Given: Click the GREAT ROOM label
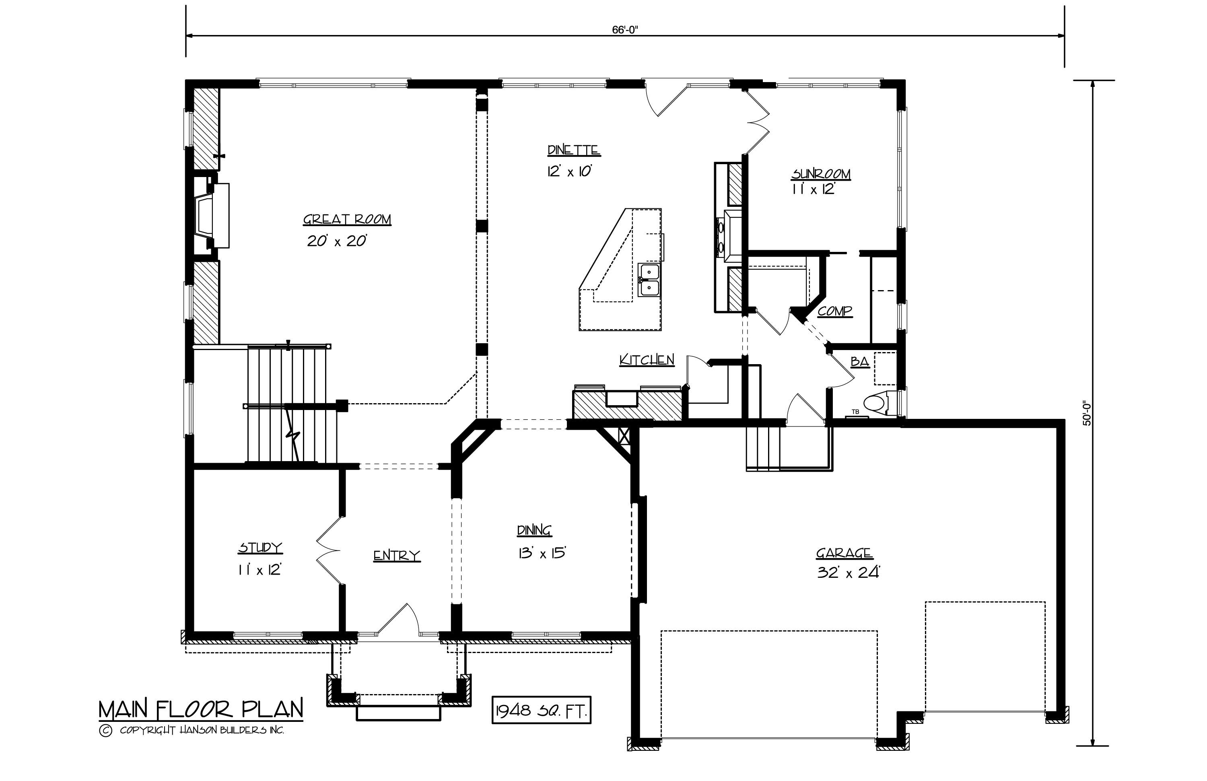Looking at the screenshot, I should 347,220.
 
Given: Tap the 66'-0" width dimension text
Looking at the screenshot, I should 624,30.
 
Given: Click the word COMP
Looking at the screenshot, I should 835,311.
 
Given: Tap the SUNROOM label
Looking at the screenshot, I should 821,174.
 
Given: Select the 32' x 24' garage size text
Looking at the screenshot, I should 848,573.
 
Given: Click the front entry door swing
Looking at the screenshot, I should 401,620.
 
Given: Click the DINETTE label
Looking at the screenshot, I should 574,150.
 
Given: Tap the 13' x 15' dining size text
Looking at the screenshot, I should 542,553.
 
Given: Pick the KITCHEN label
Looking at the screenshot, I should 647,360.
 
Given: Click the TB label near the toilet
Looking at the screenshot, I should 855,412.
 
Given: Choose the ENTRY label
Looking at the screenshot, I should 397,556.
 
